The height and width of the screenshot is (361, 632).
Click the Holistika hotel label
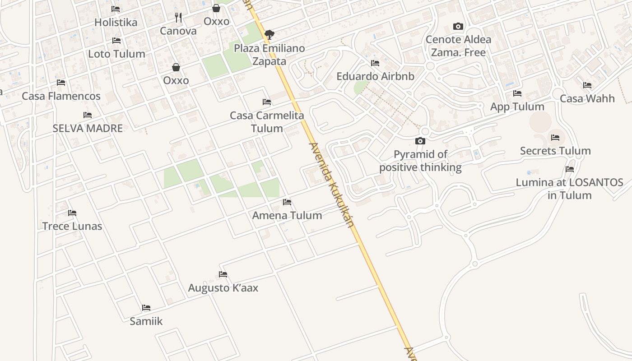116,22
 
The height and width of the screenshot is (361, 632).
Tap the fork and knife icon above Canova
178,18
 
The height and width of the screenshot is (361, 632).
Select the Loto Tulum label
116,54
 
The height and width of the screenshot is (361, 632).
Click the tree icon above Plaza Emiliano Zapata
269,34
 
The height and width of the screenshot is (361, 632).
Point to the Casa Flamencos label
61,96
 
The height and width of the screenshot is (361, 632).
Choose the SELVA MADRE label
88,128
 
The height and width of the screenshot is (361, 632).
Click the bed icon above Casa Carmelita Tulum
267,102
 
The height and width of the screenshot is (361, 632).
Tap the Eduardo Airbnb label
375,76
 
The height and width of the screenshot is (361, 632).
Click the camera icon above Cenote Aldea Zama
458,27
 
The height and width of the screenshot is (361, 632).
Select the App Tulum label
517,107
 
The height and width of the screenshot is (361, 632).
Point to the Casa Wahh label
587,98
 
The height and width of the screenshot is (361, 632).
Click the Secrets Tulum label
555,151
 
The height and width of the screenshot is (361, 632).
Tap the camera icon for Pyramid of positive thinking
420,141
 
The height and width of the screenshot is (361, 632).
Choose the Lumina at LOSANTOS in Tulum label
569,189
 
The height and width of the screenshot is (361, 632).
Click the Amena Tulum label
287,215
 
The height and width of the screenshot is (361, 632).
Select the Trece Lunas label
72,226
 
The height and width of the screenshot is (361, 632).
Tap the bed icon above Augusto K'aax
223,274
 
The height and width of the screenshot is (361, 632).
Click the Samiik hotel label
146,321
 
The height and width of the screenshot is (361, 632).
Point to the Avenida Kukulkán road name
331,185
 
